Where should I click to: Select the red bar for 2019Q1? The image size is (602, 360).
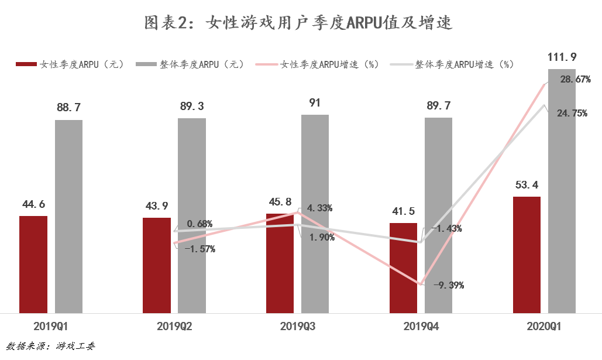33,264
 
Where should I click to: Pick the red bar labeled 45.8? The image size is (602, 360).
280,263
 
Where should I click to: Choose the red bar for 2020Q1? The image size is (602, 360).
527,255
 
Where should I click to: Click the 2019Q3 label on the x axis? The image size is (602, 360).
298,327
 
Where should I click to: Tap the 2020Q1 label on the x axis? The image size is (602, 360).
544,327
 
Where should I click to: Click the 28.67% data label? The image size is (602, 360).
575,80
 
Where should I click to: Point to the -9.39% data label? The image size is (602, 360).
449,286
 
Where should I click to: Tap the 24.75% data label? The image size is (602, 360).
572,114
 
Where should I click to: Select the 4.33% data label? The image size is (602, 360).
319,208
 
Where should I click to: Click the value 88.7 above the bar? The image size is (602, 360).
68,107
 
